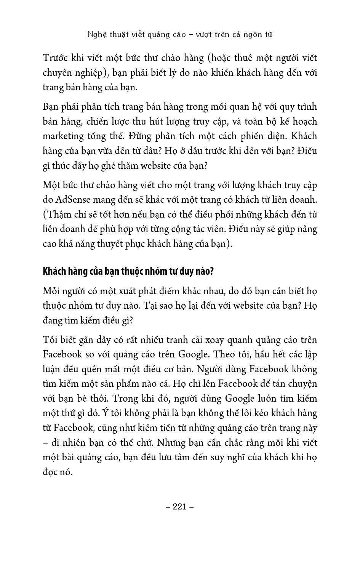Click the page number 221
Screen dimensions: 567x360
180,506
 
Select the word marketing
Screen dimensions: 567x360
63,136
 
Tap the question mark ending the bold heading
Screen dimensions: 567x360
211,272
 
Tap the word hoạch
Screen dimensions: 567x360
303,122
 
